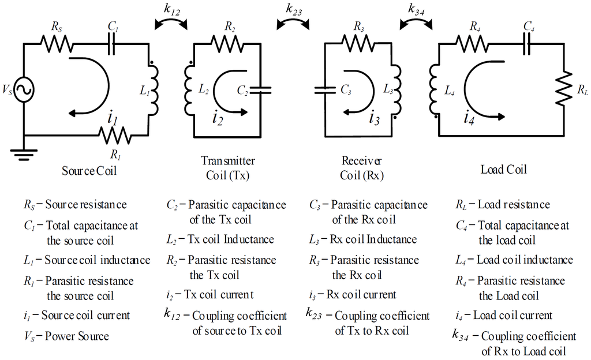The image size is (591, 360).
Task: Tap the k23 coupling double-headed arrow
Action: pyautogui.click(x=293, y=22)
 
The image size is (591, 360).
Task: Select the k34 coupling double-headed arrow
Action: pyautogui.click(x=414, y=22)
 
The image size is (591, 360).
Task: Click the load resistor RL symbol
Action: pyautogui.click(x=563, y=89)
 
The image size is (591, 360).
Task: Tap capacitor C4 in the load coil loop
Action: pyautogui.click(x=528, y=44)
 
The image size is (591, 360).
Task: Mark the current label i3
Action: pyautogui.click(x=375, y=119)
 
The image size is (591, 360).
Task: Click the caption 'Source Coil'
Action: pyautogui.click(x=84, y=171)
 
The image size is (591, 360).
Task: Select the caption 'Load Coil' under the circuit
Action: pyautogui.click(x=504, y=170)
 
